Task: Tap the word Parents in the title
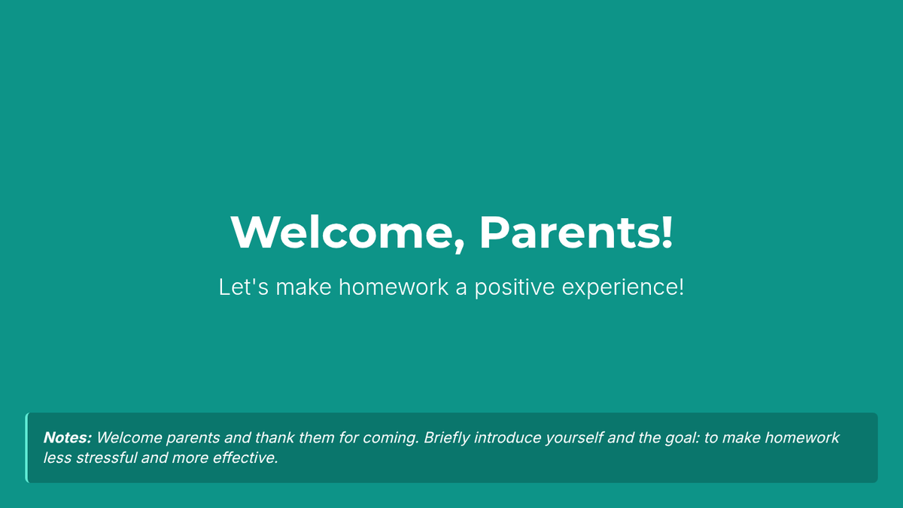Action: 568,233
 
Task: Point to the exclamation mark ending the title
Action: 667,232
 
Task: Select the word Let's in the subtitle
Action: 244,287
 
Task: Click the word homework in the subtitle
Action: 393,287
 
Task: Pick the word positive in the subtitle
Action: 515,287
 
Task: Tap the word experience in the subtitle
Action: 620,287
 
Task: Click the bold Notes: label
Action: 68,437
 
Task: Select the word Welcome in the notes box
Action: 129,437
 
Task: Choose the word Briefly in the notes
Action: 447,438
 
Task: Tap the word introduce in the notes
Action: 507,437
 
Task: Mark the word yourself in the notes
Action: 574,438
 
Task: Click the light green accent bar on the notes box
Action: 26,448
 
